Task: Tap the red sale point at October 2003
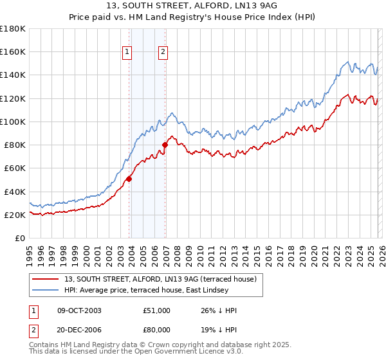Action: click(x=129, y=179)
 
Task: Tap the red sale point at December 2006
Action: click(x=165, y=145)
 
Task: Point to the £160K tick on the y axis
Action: click(x=13, y=51)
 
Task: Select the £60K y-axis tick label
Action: click(x=15, y=168)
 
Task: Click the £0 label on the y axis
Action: click(x=21, y=238)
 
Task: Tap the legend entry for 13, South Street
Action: click(x=160, y=279)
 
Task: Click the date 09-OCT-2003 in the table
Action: click(x=79, y=310)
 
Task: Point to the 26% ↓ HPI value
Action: click(x=219, y=310)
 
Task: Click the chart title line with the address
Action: click(x=192, y=6)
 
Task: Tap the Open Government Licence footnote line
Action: click(x=136, y=352)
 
